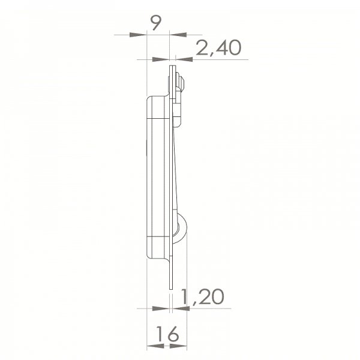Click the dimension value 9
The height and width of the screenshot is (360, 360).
[155, 23]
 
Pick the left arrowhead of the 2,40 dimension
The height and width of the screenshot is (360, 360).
[162, 59]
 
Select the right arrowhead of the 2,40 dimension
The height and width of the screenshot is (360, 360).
[184, 59]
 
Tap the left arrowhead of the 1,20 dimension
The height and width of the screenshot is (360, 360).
[160, 308]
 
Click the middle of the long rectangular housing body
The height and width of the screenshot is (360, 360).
[158, 174]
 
